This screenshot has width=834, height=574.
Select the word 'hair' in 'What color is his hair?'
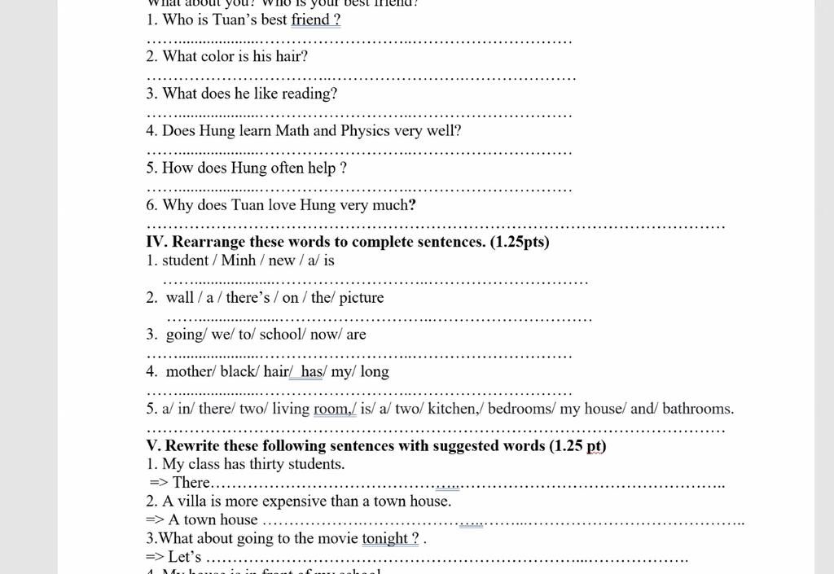(290, 57)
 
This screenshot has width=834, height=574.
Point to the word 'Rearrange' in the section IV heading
(208, 243)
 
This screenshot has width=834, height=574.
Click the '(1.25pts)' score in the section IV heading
(520, 243)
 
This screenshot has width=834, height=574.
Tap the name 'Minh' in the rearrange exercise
(239, 261)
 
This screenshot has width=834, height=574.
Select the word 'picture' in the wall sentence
(361, 298)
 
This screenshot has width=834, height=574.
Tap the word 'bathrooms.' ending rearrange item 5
(698, 409)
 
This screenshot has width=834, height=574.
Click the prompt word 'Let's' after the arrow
(185, 558)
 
